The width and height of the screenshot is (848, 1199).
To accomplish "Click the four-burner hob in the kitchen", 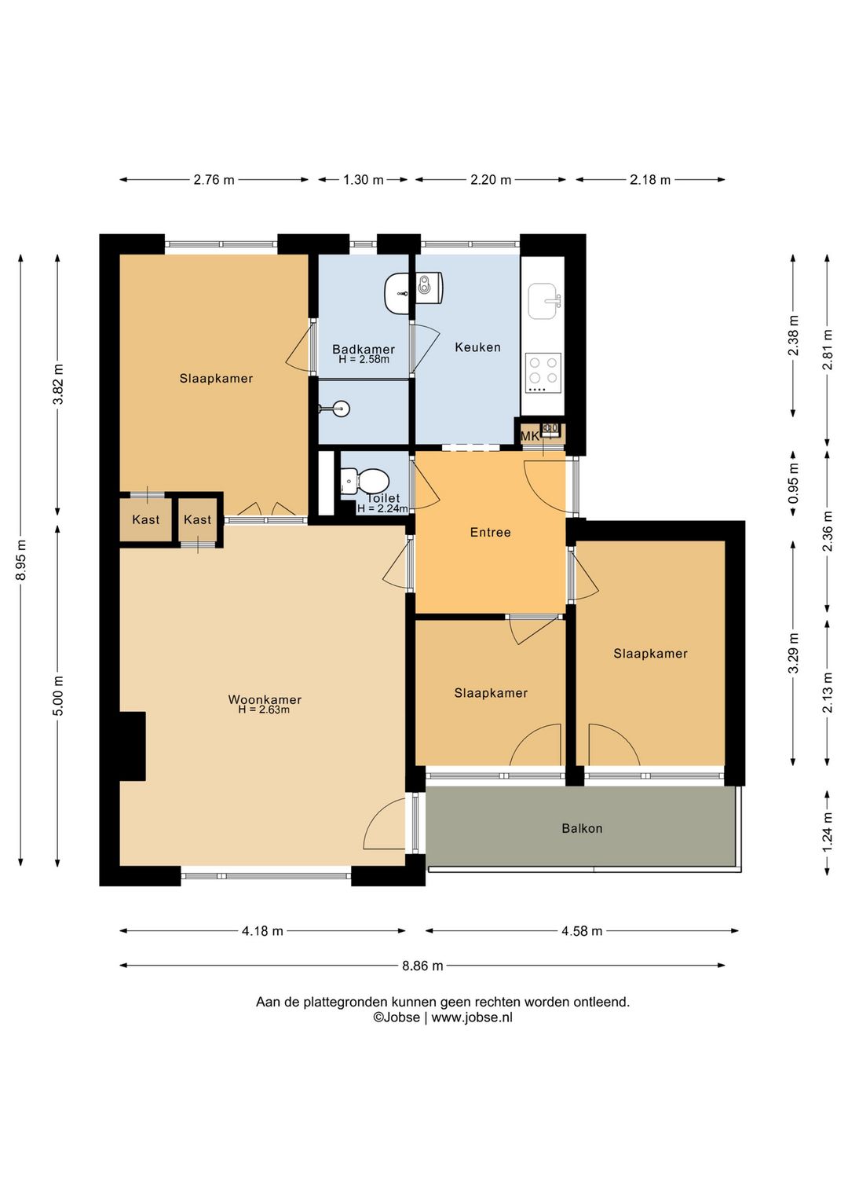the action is (x=543, y=372).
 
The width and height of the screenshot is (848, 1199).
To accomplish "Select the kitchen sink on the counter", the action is (x=544, y=301).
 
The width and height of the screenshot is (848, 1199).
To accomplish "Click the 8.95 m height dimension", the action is (x=21, y=560).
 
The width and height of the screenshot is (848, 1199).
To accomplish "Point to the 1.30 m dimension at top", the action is (x=364, y=180).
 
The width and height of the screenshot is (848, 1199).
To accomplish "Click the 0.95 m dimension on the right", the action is (x=793, y=483).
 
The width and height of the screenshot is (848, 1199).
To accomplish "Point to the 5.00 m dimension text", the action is (x=58, y=695).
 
